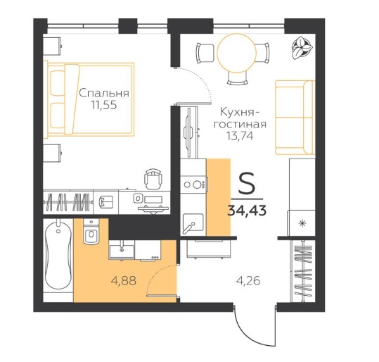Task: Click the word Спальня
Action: (x=104, y=93)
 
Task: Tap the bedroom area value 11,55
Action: (x=104, y=106)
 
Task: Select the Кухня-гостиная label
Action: (x=240, y=118)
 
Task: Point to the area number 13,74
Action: (x=240, y=136)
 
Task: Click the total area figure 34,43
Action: (x=247, y=210)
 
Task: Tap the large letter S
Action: (x=247, y=183)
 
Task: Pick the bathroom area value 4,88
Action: (x=123, y=280)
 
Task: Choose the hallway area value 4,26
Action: (x=248, y=281)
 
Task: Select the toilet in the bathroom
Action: (x=91, y=231)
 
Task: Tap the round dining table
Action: (x=236, y=54)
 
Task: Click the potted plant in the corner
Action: (x=300, y=47)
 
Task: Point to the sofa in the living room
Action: (x=295, y=118)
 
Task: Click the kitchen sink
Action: (x=193, y=223)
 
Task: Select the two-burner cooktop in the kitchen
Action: (x=194, y=185)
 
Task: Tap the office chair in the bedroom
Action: (x=153, y=178)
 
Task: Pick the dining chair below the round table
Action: (x=238, y=78)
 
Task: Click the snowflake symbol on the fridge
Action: (x=302, y=223)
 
